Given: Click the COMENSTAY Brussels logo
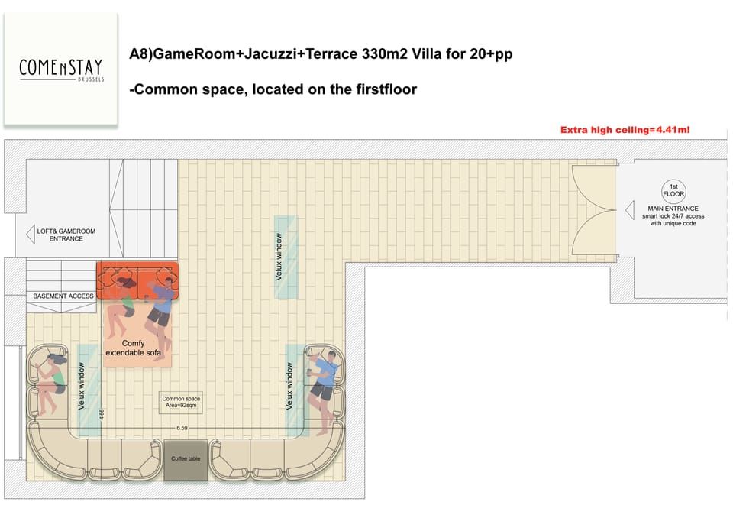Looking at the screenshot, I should tap(61, 70).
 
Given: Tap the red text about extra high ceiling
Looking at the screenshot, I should tap(625, 130).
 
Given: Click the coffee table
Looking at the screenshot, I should tap(186, 460).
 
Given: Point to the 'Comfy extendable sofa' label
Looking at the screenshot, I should tap(134, 348).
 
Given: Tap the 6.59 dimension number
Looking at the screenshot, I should tap(182, 429).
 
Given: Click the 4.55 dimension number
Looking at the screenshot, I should tap(102, 417).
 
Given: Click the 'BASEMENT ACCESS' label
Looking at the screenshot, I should tap(63, 296).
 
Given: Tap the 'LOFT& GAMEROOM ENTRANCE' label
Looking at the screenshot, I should tap(66, 234).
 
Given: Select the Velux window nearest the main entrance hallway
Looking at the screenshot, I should tap(285, 257).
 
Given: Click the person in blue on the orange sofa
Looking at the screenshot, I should tap(161, 306).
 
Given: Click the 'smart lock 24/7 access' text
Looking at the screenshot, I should tap(673, 216).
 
